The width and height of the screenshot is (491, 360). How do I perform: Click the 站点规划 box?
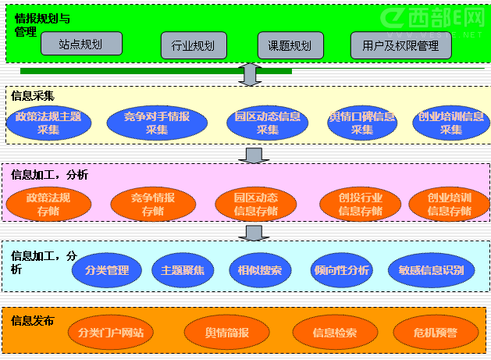tap(81, 44)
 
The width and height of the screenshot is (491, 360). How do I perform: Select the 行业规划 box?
tap(193, 45)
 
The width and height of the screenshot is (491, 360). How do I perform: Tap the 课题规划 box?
tap(290, 45)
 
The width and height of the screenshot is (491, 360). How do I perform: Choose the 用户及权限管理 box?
tap(401, 45)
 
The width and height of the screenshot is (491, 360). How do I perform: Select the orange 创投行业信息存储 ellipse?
tap(361, 205)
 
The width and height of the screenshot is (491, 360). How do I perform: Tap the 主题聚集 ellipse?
tap(183, 270)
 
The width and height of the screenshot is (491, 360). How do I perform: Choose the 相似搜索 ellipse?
tap(260, 270)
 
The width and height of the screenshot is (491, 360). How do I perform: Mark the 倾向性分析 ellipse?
tap(340, 270)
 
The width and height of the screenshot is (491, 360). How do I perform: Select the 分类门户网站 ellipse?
tap(111, 333)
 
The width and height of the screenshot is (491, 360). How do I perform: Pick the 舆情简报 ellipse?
tap(226, 333)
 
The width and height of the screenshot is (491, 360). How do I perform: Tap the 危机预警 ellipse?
tap(436, 333)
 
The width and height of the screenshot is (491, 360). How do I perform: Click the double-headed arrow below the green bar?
tap(251, 74)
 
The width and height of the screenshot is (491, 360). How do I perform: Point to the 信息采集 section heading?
tap(33, 96)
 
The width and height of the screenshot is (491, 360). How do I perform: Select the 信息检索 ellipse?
tap(335, 333)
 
